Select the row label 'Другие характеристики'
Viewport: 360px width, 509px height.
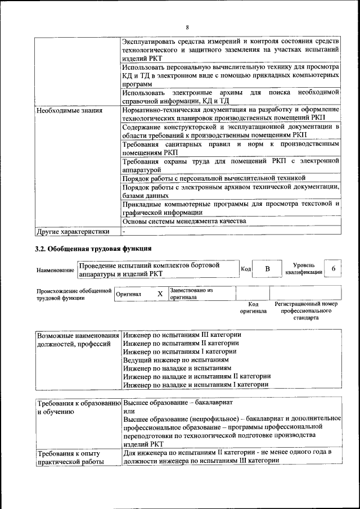[73, 231]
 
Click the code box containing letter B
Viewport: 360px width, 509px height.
[268, 269]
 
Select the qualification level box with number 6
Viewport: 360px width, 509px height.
[334, 269]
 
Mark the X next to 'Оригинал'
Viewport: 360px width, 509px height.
[160, 294]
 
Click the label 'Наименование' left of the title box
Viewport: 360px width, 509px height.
[55, 271]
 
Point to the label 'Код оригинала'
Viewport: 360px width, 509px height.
[253, 307]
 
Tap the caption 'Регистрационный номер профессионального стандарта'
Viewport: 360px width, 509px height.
[306, 310]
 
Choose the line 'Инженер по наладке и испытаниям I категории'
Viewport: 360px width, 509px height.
[195, 384]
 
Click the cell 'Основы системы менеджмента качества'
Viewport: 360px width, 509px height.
[184, 222]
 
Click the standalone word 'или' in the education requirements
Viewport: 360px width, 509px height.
[128, 411]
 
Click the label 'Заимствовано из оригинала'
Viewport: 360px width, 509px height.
[191, 294]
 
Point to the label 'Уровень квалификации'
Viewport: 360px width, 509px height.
[304, 268]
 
